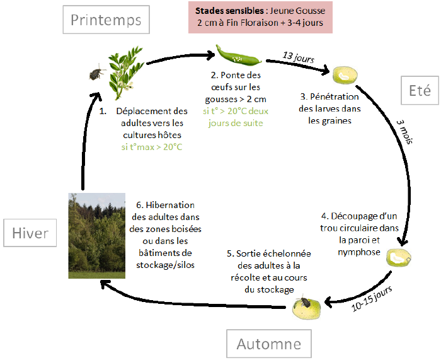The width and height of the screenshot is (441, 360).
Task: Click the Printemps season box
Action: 106,20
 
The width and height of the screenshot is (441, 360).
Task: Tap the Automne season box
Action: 269,344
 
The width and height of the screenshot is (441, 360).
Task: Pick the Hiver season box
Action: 30,234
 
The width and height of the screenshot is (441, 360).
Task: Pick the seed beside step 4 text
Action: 399,257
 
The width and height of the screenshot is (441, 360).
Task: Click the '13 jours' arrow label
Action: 298,57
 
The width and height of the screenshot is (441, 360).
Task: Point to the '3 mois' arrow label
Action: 404,132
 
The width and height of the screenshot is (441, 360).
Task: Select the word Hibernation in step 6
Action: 169,205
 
